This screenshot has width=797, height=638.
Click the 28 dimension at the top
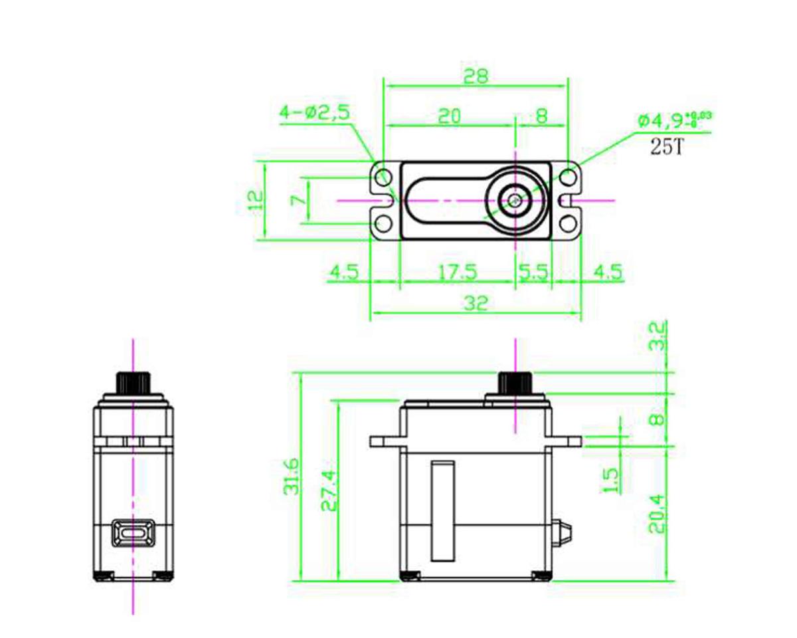476,76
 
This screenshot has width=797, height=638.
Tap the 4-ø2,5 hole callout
314,112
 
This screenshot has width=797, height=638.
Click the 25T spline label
665,148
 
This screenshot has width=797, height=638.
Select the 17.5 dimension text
458,272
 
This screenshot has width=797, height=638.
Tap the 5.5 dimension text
533,272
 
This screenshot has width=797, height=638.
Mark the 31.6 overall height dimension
291,477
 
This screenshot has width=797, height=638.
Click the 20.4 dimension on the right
658,513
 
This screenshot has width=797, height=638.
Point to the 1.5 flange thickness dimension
610,480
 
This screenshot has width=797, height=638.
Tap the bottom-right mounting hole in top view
567,221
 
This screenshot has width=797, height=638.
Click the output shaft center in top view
514,199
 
